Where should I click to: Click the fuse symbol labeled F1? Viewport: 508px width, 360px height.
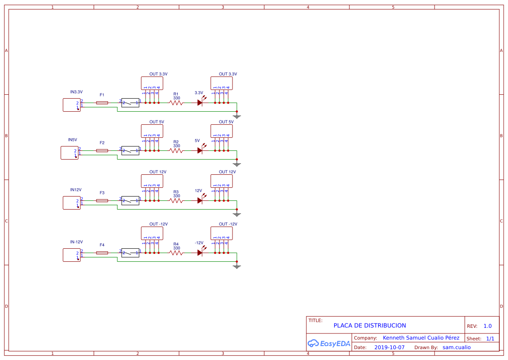coord(102,103)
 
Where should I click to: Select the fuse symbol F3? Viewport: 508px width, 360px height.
coord(102,200)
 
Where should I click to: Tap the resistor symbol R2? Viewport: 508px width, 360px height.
coord(176,151)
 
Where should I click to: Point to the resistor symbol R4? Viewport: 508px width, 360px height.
coord(176,253)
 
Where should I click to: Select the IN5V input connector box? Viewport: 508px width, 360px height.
coord(70,153)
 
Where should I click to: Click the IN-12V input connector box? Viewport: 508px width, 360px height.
coord(72,255)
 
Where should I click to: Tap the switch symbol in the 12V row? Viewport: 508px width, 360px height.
coord(130,200)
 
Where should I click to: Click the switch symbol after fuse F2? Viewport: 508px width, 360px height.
coord(130,151)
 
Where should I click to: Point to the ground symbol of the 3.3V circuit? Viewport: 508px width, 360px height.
coord(237,117)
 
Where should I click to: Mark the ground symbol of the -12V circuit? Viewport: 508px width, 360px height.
coord(237,267)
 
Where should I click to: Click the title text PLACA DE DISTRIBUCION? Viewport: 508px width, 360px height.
coord(370,326)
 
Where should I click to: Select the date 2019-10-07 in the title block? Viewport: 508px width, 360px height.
coord(389,347)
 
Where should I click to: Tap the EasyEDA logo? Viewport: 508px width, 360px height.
coord(329,343)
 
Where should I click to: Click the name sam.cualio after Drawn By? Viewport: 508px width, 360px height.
coord(456,347)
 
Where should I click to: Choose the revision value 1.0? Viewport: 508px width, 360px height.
coord(488,326)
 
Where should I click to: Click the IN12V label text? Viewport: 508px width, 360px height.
coord(76,190)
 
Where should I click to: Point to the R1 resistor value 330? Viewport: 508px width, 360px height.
coord(176,98)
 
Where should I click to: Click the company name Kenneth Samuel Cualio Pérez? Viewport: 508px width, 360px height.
coord(421,338)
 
